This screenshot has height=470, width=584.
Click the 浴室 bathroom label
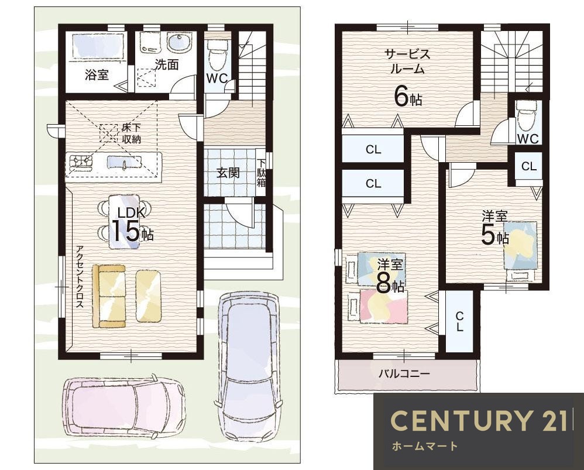[x=97, y=75]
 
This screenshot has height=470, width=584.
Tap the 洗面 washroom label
[x=167, y=65]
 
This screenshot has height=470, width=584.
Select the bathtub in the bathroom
[x=98, y=46]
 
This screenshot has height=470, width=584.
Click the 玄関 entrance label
[x=228, y=173]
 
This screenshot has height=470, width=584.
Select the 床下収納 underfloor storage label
[x=132, y=133]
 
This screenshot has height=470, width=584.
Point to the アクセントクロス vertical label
[x=80, y=277]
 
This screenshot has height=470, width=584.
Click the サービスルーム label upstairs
[x=407, y=61]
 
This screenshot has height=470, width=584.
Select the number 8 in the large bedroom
[x=383, y=286]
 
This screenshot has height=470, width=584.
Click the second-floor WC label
[x=528, y=139]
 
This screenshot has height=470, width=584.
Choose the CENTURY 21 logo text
[x=480, y=420]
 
